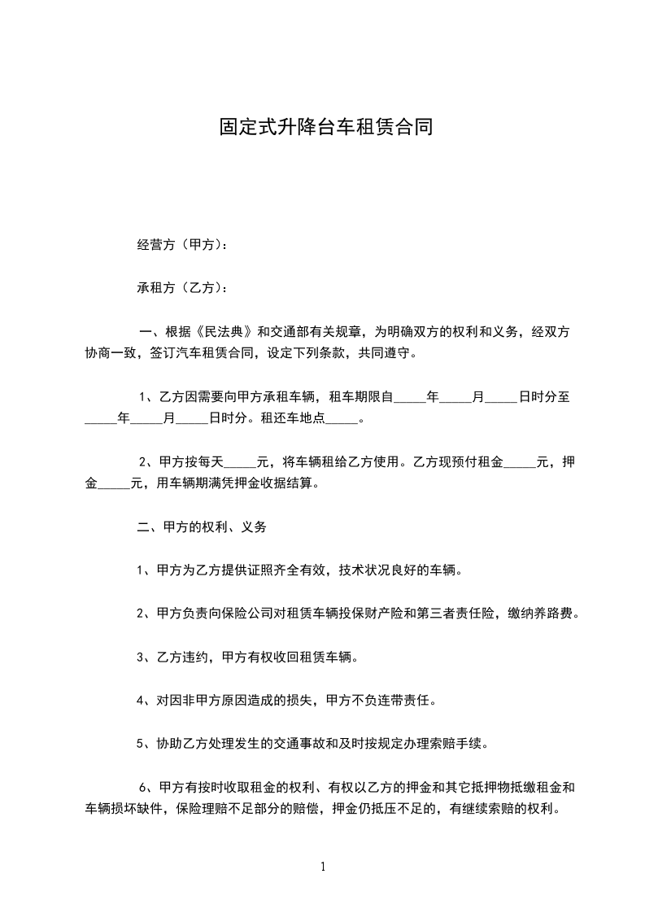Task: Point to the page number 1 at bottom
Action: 323,867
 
